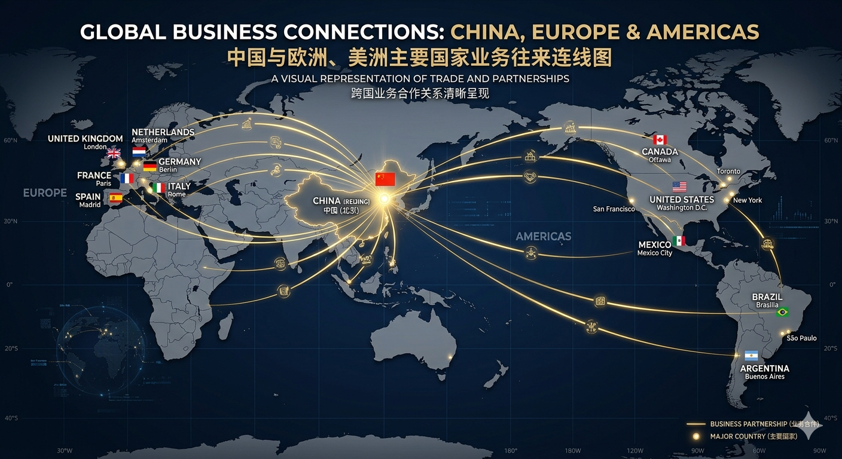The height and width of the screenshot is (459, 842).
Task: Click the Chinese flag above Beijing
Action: click(385, 179)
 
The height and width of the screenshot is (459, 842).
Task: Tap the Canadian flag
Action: click(660, 140)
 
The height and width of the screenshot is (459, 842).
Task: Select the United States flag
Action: click(679, 186)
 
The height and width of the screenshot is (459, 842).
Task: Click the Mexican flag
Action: click(679, 241)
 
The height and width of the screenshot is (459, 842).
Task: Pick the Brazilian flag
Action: click(782, 312)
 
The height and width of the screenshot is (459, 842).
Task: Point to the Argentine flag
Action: click(751, 356)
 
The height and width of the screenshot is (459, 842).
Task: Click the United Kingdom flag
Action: click(114, 154)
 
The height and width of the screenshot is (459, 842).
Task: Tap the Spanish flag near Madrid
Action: click(115, 198)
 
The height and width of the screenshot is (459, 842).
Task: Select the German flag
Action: click(150, 166)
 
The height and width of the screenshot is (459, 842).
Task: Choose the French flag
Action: click(127, 178)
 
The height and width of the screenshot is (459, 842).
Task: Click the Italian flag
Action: click(158, 188)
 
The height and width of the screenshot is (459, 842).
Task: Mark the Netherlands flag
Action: click(139, 152)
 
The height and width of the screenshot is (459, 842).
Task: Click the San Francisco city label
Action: click(614, 209)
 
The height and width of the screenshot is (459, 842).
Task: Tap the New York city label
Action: click(747, 200)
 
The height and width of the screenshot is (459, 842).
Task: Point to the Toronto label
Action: click(728, 172)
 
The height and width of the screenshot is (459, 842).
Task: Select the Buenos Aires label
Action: click(764, 377)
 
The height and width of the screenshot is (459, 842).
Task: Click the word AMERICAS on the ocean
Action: click(543, 237)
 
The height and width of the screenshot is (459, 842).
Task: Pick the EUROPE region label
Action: click(45, 193)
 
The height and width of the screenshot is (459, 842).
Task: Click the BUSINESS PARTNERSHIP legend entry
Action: click(748, 424)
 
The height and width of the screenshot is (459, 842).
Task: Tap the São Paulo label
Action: click(801, 338)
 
